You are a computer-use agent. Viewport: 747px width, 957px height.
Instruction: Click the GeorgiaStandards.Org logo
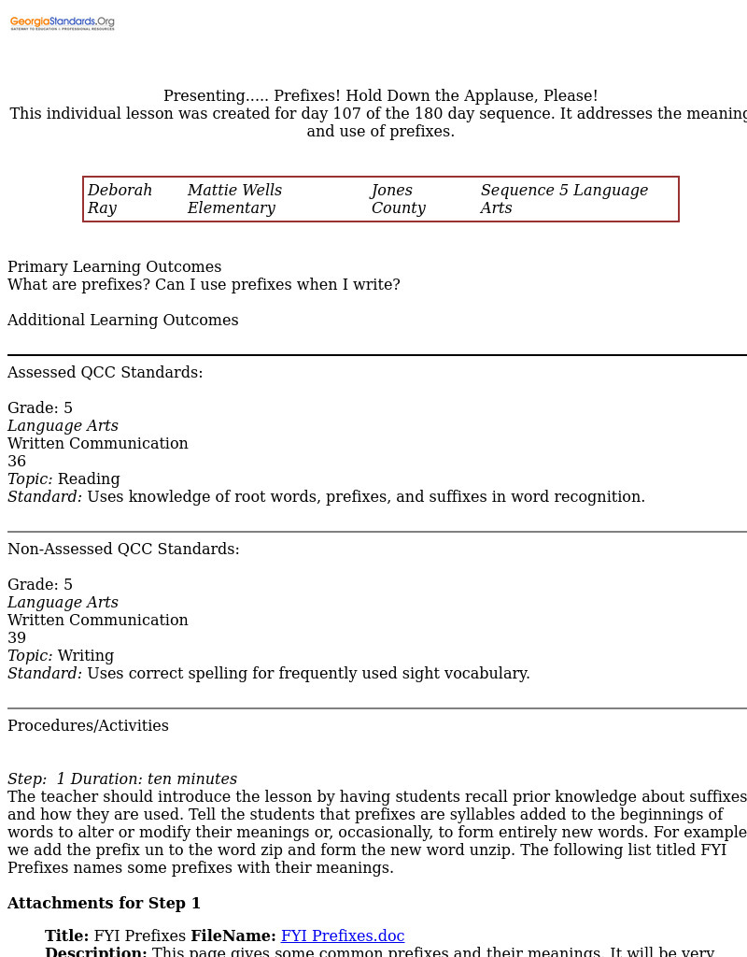point(63,22)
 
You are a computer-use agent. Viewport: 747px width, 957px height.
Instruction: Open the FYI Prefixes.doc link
point(343,936)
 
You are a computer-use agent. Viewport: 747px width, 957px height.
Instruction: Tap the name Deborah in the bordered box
point(120,191)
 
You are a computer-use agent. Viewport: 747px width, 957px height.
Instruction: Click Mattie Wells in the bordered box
point(234,191)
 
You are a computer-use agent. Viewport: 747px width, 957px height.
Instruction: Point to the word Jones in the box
point(392,191)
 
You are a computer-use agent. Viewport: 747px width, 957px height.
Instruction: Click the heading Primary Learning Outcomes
point(115,267)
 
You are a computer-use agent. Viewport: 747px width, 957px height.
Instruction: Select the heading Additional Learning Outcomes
point(123,321)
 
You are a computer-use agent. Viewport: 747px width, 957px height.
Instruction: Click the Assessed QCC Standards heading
point(106,373)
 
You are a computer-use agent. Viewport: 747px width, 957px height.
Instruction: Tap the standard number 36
point(17,462)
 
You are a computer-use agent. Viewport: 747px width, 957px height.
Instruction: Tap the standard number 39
point(17,638)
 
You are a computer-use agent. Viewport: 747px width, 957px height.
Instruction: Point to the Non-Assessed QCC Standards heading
point(123,550)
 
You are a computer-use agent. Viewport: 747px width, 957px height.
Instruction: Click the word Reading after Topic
point(89,479)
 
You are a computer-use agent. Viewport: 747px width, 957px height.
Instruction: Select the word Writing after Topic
point(86,656)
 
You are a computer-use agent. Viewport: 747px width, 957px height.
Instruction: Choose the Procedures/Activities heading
point(89,726)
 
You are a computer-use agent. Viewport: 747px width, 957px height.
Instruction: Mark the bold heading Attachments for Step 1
point(105,904)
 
